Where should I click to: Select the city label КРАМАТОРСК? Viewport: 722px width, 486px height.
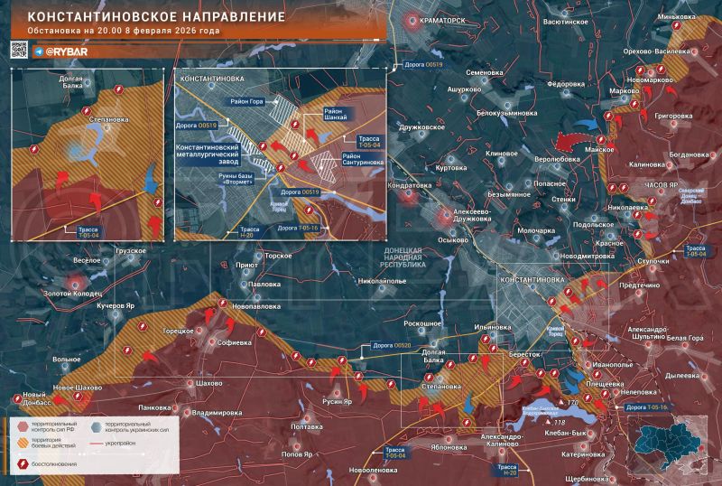tap(443, 19)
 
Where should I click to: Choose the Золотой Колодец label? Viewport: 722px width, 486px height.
tap(74, 293)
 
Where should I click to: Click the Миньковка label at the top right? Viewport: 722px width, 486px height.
tap(682, 17)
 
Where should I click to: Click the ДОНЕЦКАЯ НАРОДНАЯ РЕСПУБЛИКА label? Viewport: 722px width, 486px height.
tap(411, 257)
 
